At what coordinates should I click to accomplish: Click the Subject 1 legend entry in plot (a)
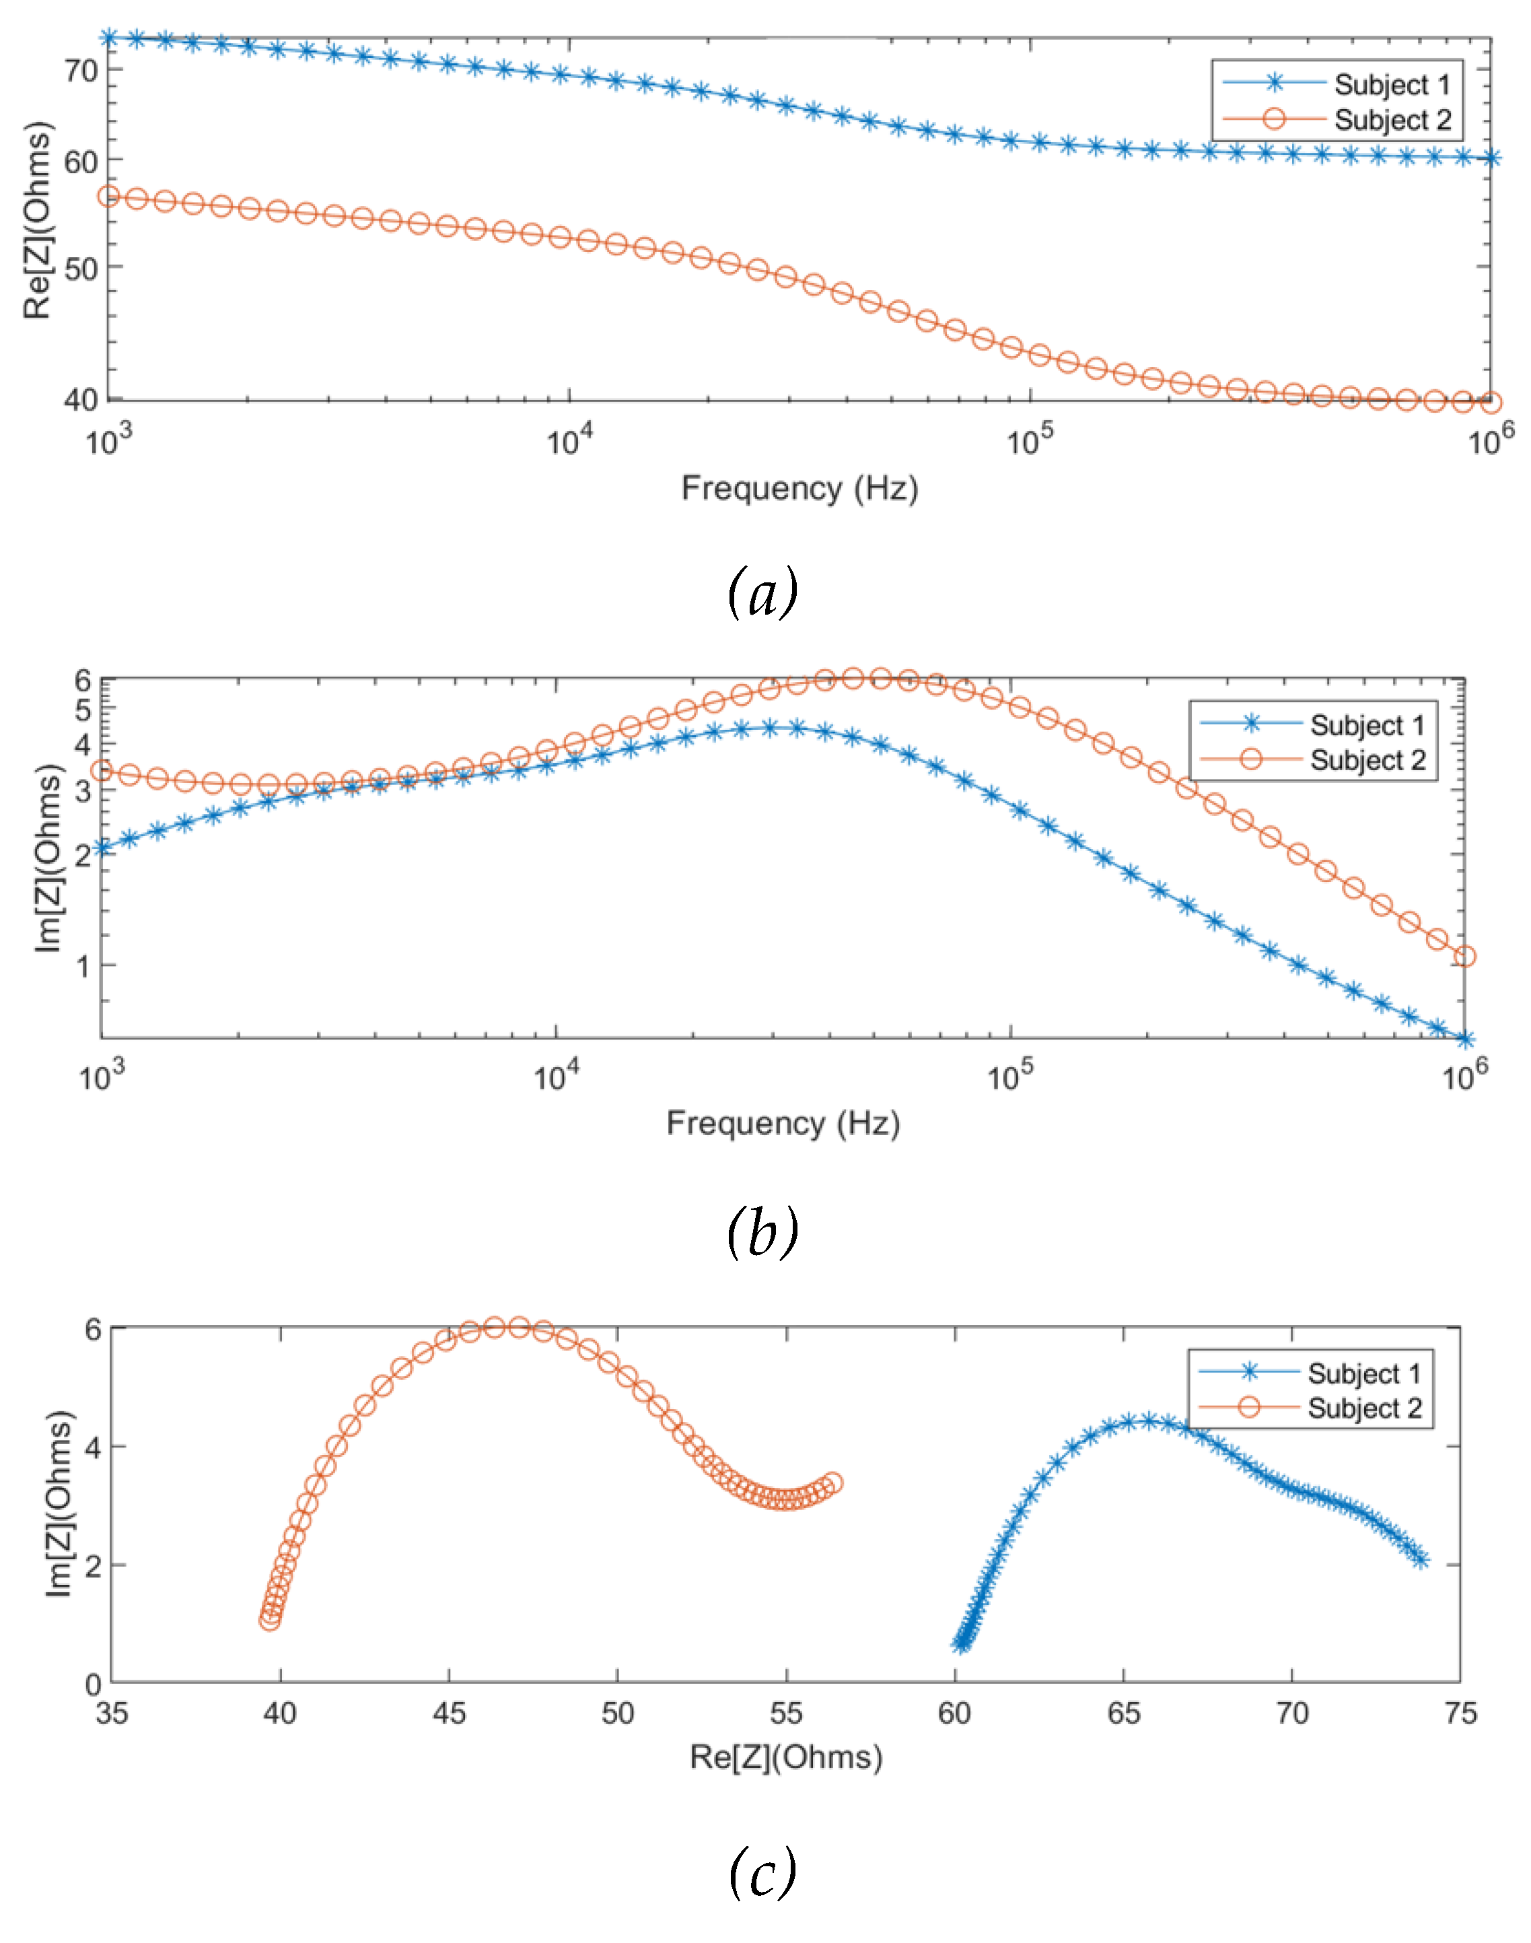1390,84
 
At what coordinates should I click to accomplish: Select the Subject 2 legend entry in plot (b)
1367,760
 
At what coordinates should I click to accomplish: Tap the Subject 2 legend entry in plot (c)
1363,1408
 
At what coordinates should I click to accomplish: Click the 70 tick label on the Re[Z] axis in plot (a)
81,70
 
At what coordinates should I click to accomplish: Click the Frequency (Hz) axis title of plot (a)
799,489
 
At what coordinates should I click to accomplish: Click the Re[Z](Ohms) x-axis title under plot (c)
785,1757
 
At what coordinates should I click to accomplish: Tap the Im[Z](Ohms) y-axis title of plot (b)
49,858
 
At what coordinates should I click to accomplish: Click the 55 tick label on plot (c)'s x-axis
786,1713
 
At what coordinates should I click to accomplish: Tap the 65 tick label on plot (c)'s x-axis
1123,1713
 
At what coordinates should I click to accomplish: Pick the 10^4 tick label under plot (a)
567,440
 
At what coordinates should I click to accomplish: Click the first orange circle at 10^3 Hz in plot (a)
108,197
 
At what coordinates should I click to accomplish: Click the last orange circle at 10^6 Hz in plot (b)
1464,957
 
